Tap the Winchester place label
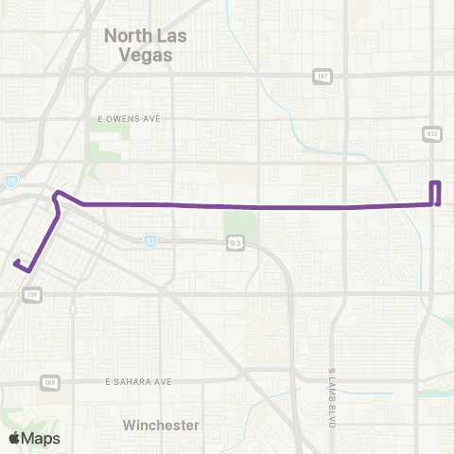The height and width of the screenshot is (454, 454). click(x=161, y=426)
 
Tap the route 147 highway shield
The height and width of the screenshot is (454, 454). click(x=323, y=75)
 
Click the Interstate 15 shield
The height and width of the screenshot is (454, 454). click(x=9, y=180)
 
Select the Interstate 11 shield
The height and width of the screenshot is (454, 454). click(x=150, y=241)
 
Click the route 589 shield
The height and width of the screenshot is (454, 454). click(x=48, y=382)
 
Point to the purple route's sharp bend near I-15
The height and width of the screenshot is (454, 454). click(x=58, y=195)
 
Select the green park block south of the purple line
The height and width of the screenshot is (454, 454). click(x=240, y=226)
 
